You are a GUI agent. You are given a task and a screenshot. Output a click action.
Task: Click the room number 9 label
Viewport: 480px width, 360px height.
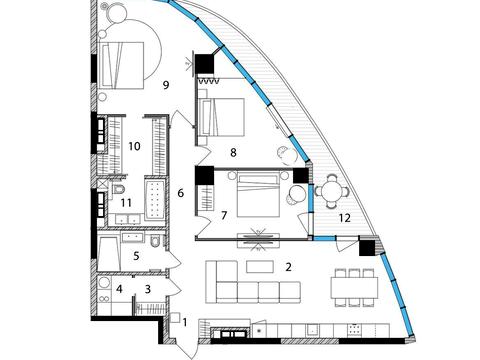coord(166,85)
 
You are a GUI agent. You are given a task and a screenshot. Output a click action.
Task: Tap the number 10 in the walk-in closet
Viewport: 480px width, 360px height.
coord(134,146)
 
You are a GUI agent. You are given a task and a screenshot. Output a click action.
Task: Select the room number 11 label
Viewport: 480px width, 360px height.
coord(126,202)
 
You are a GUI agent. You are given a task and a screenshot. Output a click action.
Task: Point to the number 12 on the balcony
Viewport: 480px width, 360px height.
coord(345,218)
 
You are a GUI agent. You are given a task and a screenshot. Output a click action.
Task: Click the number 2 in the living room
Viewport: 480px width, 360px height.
coord(289,267)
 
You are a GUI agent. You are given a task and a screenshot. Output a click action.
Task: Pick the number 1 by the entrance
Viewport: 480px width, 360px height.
coord(185,323)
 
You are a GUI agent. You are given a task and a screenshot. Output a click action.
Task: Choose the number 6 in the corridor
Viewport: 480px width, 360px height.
coord(181,193)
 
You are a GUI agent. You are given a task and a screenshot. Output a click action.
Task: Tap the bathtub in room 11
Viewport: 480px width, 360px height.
coord(154,199)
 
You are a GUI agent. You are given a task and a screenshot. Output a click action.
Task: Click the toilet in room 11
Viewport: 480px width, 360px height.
coord(118,189)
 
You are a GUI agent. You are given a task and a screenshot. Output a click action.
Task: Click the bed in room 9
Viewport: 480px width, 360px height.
coord(122,65)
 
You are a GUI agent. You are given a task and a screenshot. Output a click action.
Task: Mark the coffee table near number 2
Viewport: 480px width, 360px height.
coord(260,267)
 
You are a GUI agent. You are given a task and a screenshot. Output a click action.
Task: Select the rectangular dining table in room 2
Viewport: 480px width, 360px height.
coord(354,288)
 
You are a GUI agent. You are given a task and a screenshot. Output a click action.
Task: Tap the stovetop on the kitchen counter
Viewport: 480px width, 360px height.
coord(354,330)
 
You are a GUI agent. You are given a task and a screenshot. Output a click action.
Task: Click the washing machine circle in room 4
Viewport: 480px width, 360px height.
coord(104,283)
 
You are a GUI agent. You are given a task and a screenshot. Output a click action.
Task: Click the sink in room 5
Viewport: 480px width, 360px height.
coord(132,237)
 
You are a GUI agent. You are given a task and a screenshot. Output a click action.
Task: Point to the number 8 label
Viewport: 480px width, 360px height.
coord(233,153)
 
